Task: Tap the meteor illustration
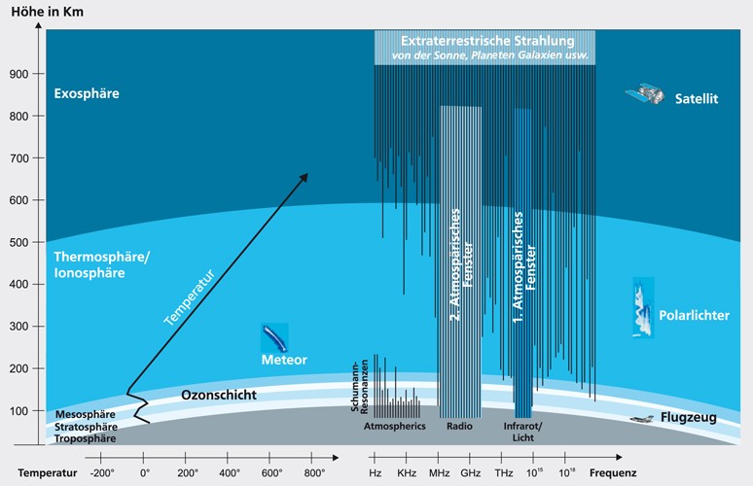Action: point(273,337)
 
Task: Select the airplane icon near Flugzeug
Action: point(639,420)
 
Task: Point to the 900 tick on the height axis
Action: point(18,74)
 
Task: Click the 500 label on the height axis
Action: point(18,243)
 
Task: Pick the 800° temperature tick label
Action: point(314,472)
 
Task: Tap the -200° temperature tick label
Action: point(102,472)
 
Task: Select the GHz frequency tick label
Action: point(471,472)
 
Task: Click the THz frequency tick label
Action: point(504,472)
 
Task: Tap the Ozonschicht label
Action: point(219,396)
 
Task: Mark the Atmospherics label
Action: point(394,427)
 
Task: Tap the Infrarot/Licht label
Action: point(523,432)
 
